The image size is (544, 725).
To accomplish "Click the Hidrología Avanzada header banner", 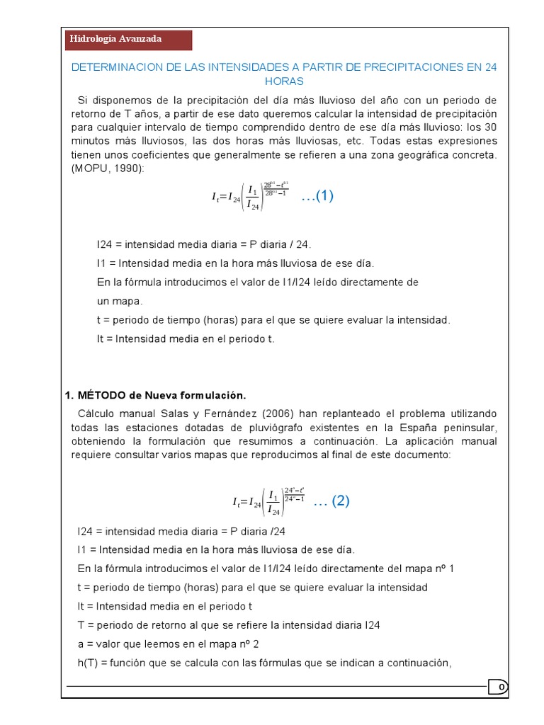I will pos(127,39).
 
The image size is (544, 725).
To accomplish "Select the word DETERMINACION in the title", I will pos(114,67).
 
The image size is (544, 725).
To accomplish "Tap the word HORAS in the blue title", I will pos(283,81).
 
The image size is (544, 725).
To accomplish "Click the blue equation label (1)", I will pos(317,197).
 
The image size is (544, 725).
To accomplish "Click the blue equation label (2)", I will pos(331,501).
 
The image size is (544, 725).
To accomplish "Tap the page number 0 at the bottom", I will pos(501,687).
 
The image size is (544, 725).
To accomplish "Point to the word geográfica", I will pos(419,154).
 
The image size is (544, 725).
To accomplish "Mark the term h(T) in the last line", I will pos(88,663).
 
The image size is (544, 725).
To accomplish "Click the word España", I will pos(387,428).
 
